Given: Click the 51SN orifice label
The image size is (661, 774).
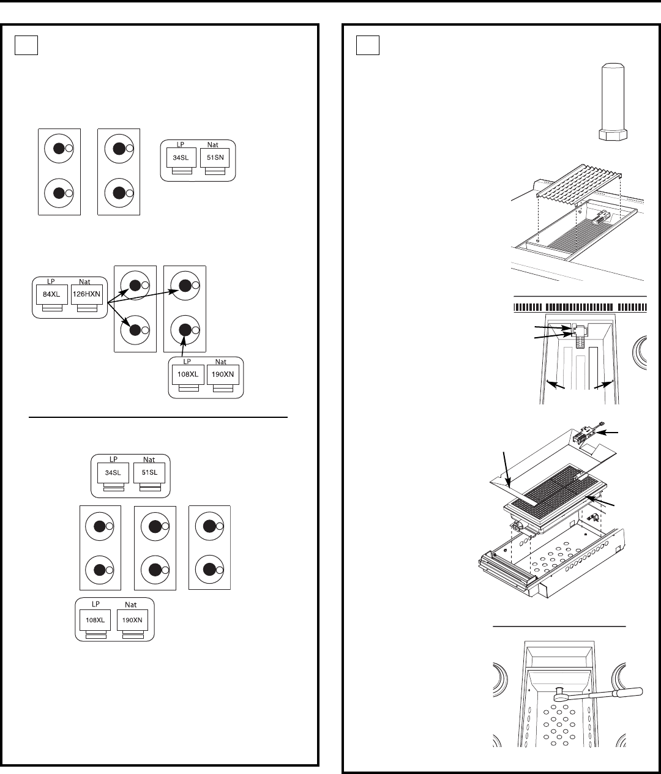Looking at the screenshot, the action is (215, 158).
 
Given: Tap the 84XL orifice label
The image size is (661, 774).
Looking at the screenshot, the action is (51, 294).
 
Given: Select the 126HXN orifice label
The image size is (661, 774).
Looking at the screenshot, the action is (86, 294).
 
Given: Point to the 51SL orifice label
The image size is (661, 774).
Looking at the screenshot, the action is (149, 472).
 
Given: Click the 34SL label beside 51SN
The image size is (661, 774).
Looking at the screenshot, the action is (181, 158).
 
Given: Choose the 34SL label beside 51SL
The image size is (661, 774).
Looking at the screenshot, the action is (113, 472).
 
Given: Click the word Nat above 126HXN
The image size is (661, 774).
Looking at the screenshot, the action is (84, 281).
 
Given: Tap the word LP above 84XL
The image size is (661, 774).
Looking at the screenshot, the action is (51, 281).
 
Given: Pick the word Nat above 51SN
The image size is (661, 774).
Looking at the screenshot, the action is (213, 144).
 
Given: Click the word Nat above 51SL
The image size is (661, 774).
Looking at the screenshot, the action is (149, 460).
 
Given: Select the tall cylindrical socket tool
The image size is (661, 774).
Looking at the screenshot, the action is (613, 102).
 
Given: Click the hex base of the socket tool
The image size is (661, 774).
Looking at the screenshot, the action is (613, 135).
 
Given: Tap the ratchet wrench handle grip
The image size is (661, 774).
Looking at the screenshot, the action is (629, 692).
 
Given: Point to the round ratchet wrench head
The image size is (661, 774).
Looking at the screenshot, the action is (559, 695).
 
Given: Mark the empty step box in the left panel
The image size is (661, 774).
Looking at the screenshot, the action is (26, 45).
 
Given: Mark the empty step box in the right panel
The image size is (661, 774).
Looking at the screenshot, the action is (367, 45).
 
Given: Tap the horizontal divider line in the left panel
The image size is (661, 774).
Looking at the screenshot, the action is (158, 417).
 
